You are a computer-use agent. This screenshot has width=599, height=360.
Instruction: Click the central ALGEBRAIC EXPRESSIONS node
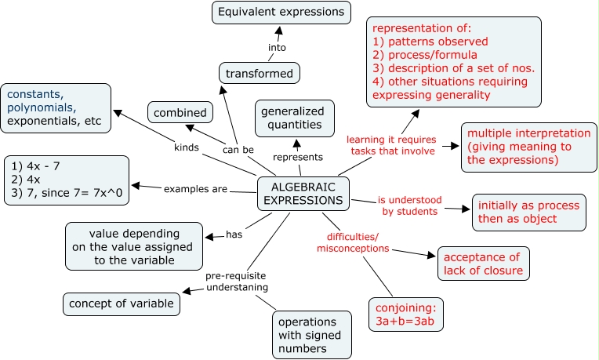tap(303, 193)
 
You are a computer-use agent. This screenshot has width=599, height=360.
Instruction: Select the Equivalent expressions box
tap(281, 13)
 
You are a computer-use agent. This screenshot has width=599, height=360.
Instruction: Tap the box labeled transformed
tap(259, 74)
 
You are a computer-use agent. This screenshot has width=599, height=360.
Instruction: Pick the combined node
tap(180, 113)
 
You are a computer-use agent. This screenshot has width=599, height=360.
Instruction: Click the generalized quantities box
tap(291, 117)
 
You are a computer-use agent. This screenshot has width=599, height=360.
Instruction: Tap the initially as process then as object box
tap(528, 213)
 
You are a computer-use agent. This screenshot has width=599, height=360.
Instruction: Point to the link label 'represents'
tap(297, 157)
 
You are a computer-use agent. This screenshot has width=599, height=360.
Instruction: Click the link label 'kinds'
tap(187, 147)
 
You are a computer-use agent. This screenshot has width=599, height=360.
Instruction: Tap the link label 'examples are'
tap(195, 189)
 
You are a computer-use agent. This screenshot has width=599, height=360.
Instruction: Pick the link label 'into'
tap(277, 47)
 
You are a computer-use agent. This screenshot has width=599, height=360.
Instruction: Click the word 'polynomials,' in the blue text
tap(42, 107)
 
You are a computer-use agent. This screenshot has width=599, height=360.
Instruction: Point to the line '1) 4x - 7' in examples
tap(37, 165)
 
